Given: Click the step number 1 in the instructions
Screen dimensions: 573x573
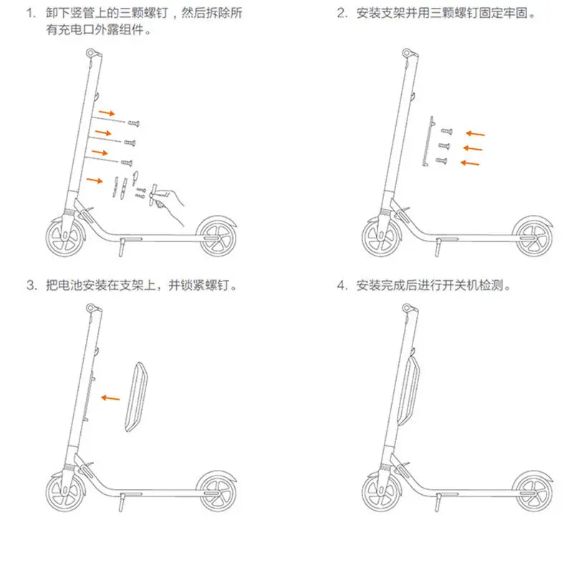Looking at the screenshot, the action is point(30,14).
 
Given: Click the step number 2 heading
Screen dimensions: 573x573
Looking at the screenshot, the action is point(342,14).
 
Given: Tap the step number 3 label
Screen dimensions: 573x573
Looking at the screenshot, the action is point(30,286).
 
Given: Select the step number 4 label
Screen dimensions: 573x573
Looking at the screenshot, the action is point(342,286).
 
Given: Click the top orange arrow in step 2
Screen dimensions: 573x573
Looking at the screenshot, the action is point(474,133).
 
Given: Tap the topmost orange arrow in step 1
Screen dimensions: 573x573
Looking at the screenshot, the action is point(106,112).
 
